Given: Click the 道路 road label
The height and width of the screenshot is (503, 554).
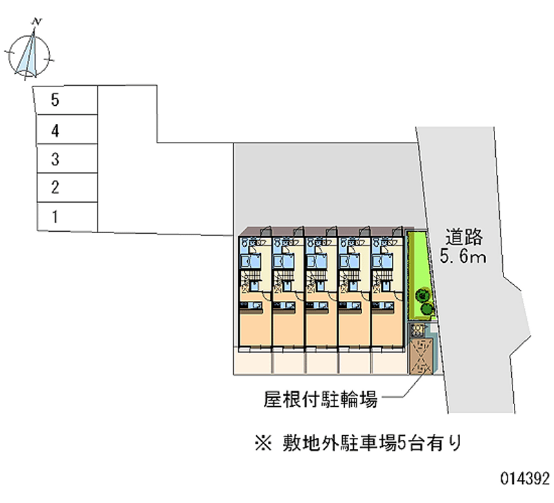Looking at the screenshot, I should point(463,237).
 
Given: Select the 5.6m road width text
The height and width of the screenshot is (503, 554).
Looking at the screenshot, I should point(463,257).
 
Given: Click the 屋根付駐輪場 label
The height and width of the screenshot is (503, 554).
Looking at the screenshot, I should point(320,399).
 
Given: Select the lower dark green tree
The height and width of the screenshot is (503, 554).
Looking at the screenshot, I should point(428,308).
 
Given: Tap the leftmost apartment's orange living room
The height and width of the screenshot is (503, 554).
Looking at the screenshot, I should point(254,325).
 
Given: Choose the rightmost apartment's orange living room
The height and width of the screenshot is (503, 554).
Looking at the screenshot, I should point(386,325).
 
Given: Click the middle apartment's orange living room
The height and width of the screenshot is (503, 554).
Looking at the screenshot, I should point(321,325).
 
